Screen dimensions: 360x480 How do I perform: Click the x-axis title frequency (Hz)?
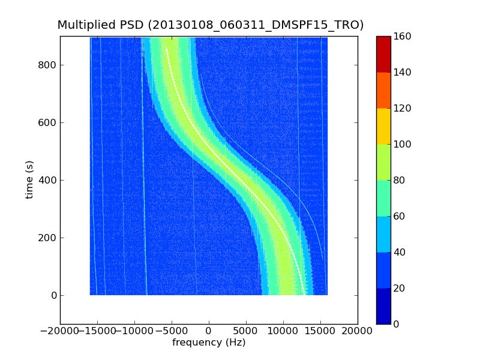tap(209, 343)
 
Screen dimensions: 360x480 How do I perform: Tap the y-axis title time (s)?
tap(29, 179)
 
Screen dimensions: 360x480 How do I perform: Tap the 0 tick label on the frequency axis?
tap(209, 331)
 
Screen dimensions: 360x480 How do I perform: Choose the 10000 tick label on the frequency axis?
tap(283, 331)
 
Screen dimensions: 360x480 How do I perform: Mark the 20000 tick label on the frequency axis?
tap(358, 331)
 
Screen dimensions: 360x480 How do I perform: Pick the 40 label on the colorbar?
tap(400, 253)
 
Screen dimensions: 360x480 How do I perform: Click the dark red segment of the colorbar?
tap(383, 54)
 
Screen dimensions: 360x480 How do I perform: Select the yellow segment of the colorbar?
tap(383, 126)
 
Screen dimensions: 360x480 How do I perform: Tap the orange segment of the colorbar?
tap(383, 90)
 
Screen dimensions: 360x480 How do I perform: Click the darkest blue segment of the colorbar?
tap(383, 306)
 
